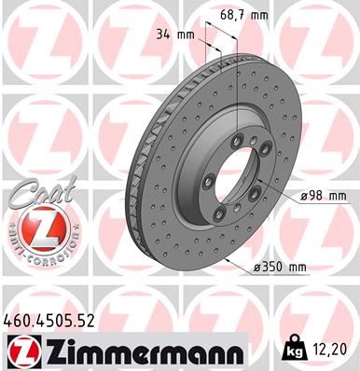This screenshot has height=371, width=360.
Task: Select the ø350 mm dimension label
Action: coord(280,268)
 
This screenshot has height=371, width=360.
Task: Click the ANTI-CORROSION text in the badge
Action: coord(38,253)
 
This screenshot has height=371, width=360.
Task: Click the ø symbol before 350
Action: coord(256,268)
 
